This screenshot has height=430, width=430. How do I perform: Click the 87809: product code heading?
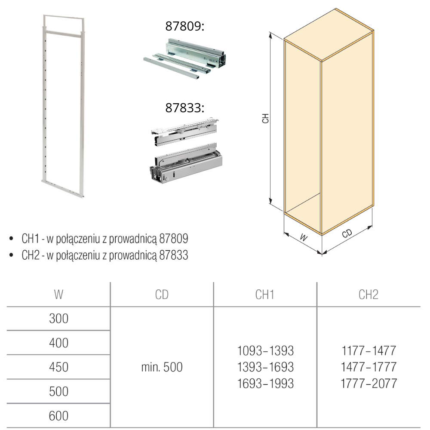(185, 26)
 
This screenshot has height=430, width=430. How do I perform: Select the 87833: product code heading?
(185, 108)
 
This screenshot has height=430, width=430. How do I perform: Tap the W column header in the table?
(58, 295)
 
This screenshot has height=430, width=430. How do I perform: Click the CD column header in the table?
(162, 295)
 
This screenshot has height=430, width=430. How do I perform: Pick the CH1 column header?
(264, 295)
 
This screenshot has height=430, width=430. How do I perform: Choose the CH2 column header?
(369, 295)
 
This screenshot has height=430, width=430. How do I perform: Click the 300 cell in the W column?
(58, 319)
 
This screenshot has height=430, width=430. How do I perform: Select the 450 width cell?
(58, 367)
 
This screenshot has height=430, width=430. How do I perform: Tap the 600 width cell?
(58, 416)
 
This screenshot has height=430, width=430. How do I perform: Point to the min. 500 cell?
(162, 367)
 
